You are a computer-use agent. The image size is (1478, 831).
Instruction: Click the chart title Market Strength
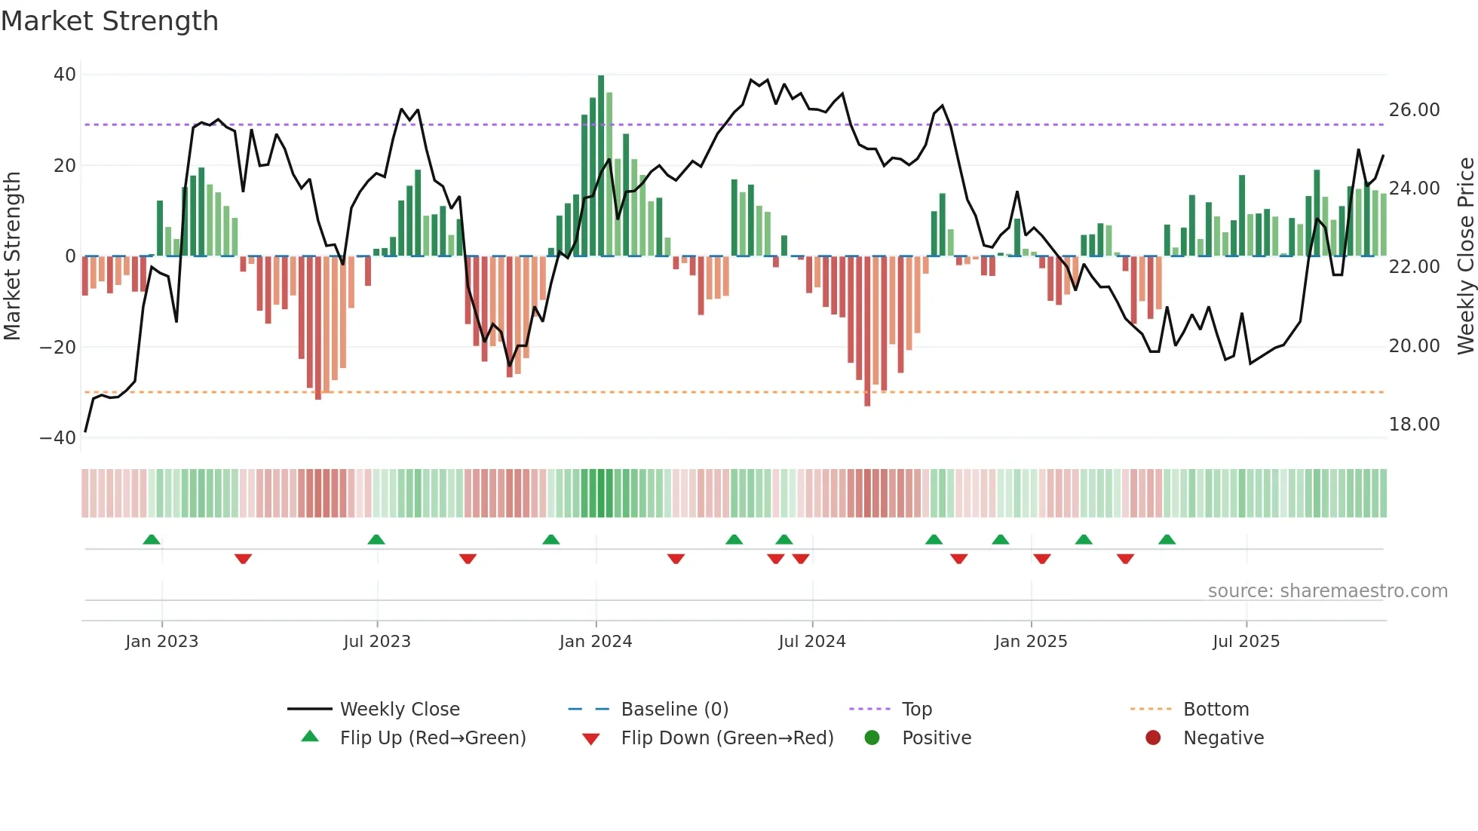point(109,21)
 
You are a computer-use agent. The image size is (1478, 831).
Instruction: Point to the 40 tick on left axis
point(65,75)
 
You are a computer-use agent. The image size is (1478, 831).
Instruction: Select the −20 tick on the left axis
point(58,347)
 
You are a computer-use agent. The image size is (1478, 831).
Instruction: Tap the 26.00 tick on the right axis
point(1414,110)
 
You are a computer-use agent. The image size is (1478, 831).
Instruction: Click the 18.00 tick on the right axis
point(1414,425)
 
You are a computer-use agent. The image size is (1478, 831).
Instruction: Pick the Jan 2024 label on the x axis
point(596,642)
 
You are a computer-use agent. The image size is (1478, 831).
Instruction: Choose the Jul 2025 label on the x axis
point(1246,642)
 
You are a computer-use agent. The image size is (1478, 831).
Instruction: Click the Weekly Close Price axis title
point(1465,256)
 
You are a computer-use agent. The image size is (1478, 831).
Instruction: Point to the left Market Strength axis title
point(12,256)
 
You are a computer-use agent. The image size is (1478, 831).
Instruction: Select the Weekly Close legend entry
point(399,710)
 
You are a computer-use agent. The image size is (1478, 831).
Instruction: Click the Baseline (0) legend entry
point(674,710)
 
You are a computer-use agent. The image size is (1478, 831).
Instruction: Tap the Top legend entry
point(916,710)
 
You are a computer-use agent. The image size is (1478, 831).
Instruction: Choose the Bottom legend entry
point(1216,710)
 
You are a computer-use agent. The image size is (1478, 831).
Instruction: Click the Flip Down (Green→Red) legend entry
point(727,738)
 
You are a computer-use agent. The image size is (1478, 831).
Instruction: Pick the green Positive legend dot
point(872,738)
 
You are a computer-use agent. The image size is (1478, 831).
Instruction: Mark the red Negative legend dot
point(1153,738)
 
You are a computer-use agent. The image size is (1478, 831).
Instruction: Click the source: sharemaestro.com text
point(1327,591)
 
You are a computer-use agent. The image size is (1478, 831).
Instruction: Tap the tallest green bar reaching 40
point(601,166)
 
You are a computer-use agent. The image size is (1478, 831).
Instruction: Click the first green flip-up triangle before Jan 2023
point(152,540)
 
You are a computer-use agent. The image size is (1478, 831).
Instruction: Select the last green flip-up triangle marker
point(1167,540)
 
